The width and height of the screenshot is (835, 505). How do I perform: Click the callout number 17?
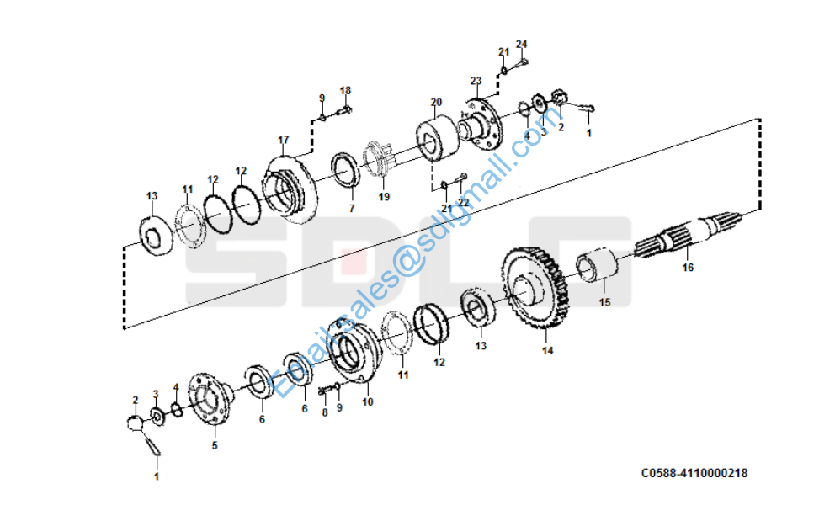[283, 140]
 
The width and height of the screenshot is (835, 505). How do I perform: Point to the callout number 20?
[435, 103]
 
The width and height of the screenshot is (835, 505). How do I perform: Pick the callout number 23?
[476, 82]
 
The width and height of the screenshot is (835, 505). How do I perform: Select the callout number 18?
[345, 91]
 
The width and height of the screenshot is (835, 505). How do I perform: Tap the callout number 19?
[384, 198]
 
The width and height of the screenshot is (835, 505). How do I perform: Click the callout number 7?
[352, 208]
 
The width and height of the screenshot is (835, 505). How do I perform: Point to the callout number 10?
[367, 402]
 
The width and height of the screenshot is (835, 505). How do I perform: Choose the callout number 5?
[214, 445]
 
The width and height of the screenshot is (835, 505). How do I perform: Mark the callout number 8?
[324, 413]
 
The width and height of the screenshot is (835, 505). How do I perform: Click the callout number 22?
[463, 203]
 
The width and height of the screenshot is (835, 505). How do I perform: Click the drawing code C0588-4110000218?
[694, 474]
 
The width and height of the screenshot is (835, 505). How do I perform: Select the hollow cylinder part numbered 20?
[437, 141]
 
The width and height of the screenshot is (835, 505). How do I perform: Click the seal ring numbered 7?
[345, 168]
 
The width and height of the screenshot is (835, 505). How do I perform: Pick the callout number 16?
[688, 268]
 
